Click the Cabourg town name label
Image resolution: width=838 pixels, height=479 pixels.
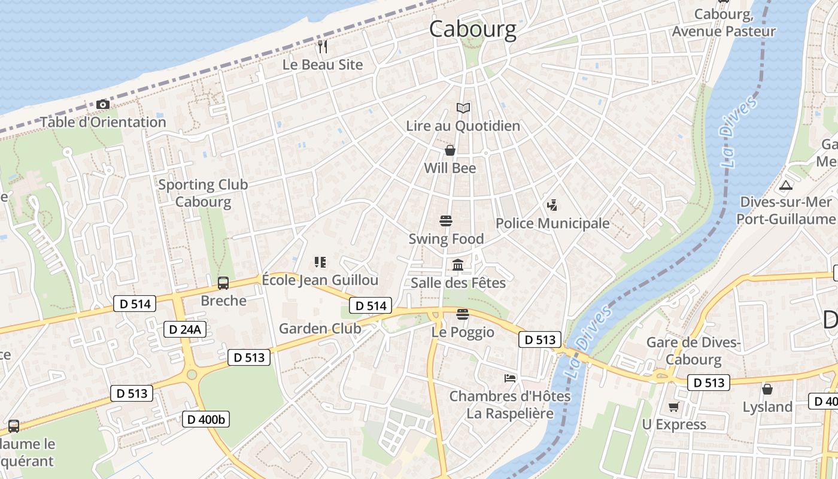[473, 29]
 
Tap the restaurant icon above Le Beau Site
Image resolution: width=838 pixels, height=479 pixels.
[323, 47]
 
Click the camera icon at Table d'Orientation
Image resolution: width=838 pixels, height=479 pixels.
[103, 105]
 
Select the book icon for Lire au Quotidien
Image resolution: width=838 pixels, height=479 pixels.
[463, 108]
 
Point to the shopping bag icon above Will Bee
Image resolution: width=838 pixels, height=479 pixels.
[450, 150]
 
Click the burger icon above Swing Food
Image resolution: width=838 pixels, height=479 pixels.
[446, 221]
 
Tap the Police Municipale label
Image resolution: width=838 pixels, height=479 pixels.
[552, 223]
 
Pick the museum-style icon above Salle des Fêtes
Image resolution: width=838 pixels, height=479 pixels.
[458, 265]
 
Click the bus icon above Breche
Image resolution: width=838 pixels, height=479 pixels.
[223, 283]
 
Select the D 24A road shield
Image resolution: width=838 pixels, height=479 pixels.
[185, 329]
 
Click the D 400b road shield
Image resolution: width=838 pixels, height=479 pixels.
[206, 419]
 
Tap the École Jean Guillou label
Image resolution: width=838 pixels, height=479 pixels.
[320, 280]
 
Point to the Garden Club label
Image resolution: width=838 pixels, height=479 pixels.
[320, 328]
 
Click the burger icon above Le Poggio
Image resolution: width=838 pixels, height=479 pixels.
[462, 314]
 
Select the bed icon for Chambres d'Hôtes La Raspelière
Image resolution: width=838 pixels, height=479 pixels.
[510, 378]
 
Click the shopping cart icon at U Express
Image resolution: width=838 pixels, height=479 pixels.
[674, 407]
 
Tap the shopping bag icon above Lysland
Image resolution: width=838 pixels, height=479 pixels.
[767, 390]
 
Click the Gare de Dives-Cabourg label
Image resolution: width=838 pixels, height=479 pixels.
[694, 351]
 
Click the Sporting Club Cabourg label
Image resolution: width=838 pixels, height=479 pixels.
[203, 193]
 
